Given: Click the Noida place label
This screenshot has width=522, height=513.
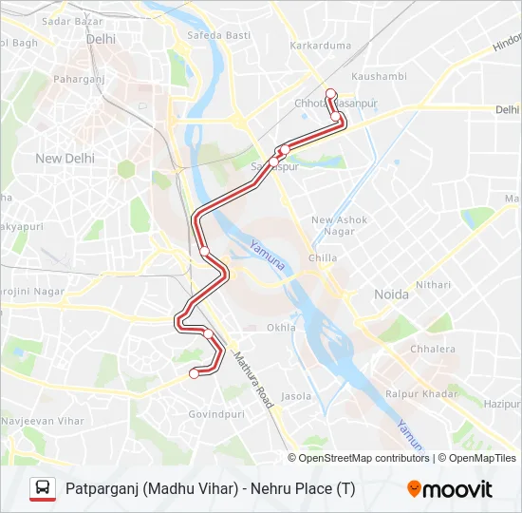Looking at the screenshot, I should tap(391, 294).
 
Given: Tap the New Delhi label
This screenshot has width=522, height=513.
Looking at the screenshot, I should tap(65, 159).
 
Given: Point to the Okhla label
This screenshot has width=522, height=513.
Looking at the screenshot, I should tap(281, 328).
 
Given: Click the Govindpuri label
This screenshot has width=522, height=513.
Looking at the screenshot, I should tap(216, 414).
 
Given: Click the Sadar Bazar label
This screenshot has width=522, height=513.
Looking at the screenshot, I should tap(73, 20).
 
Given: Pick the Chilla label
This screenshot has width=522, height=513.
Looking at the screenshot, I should tap(323, 257).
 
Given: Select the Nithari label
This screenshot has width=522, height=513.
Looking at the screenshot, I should tap(433, 284).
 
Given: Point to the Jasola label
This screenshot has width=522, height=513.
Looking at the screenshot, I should tap(297, 395).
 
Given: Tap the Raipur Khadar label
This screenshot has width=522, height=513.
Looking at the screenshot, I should tap(421, 393).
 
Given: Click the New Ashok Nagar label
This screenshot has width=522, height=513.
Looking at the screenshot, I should tap(340, 226).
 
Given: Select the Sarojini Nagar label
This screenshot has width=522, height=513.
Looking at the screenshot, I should tap(32, 292).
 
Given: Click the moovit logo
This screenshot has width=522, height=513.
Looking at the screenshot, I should tap(450, 489).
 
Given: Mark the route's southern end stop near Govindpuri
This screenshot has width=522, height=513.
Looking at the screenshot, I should tap(195, 373).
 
